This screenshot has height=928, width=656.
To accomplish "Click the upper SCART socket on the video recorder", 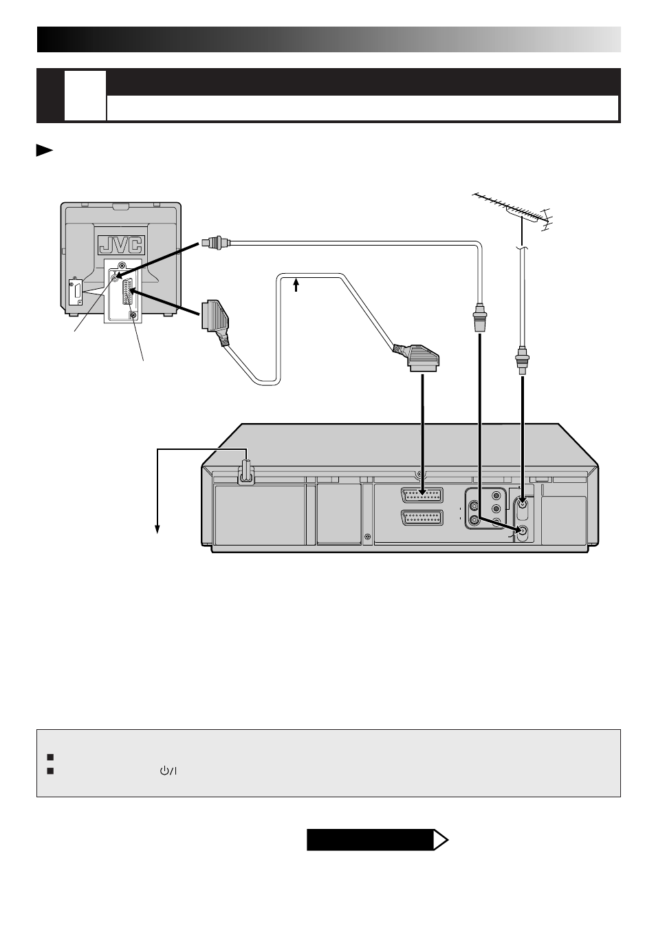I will click(422, 496).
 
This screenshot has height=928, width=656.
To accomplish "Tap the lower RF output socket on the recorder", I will click(523, 531).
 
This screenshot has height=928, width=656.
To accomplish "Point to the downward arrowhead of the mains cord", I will click(158, 528).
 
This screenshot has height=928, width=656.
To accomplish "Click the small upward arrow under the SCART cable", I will click(296, 283).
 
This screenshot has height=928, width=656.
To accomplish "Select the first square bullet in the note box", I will click(50, 757).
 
